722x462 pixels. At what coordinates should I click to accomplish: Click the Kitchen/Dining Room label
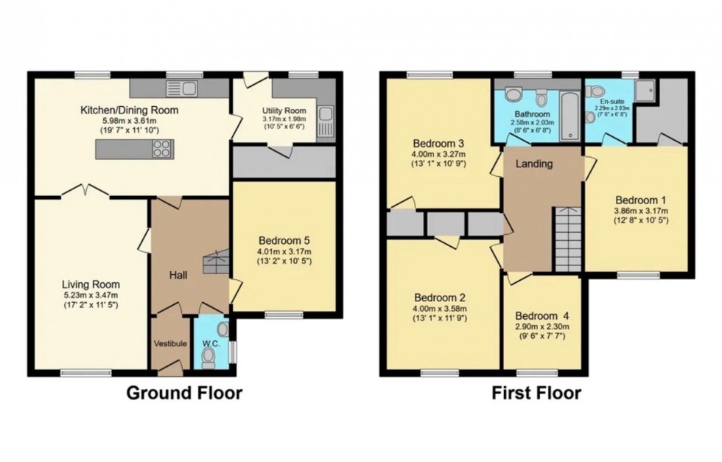pyautogui.click(x=130, y=111)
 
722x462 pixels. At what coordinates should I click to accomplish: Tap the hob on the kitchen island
pyautogui.click(x=161, y=149)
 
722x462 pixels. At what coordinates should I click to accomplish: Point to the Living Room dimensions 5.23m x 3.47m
pyautogui.click(x=91, y=295)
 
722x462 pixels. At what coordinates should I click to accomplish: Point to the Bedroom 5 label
pyautogui.click(x=284, y=239)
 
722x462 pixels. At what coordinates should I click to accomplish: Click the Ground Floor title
pyautogui.click(x=185, y=393)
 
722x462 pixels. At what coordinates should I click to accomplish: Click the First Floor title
pyautogui.click(x=536, y=393)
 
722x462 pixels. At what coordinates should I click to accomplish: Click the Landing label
pyautogui.click(x=533, y=164)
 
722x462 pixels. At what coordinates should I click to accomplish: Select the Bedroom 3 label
pyautogui.click(x=438, y=143)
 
